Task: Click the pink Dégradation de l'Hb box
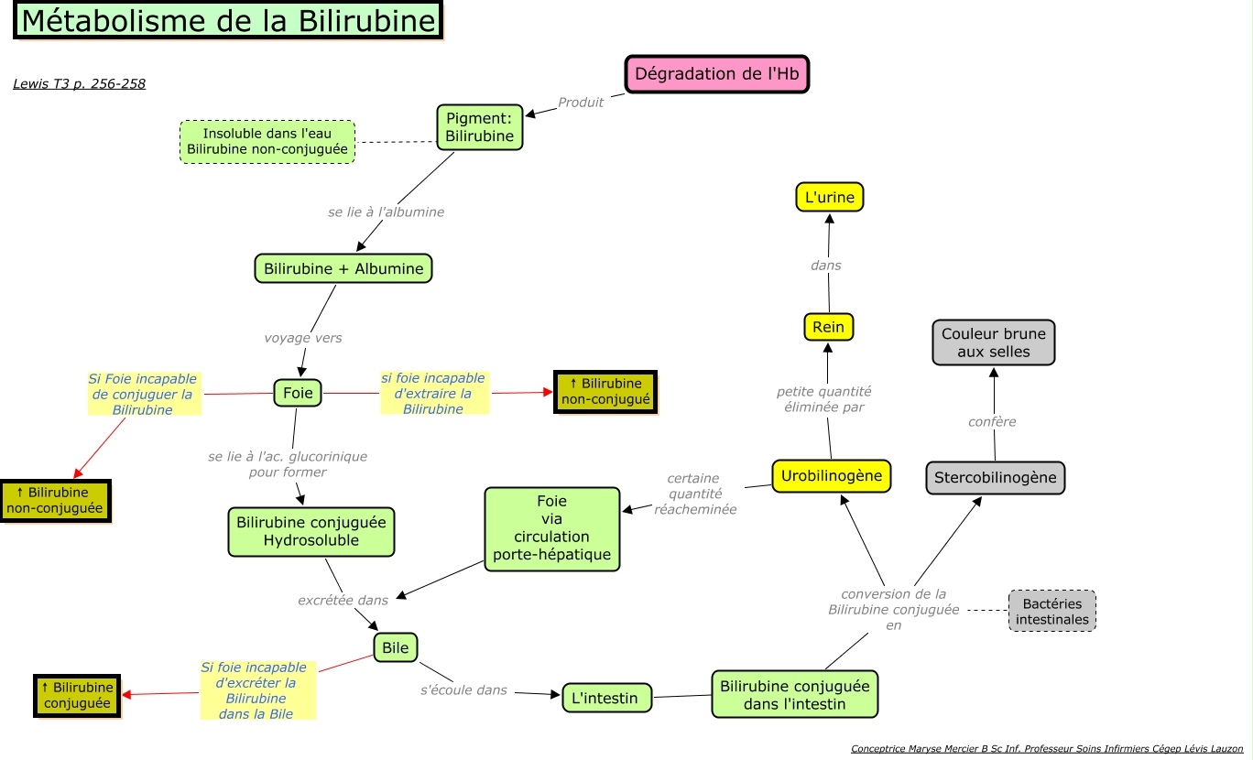click(x=717, y=74)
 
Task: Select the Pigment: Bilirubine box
click(x=480, y=127)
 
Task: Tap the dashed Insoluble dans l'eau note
click(x=267, y=142)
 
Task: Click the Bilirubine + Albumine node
click(x=343, y=269)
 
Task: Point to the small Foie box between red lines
click(x=298, y=393)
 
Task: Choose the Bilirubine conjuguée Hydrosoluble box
click(x=311, y=532)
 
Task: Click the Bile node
click(x=396, y=648)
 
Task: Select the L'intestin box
click(x=605, y=698)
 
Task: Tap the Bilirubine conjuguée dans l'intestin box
click(x=794, y=694)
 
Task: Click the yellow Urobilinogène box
click(x=832, y=476)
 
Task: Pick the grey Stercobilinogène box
click(x=996, y=478)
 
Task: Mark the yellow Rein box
click(x=828, y=327)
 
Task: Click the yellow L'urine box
click(x=829, y=197)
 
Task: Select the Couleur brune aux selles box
click(x=994, y=342)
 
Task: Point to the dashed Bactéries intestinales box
click(x=1052, y=611)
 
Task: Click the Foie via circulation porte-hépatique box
click(x=552, y=529)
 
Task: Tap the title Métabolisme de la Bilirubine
click(x=228, y=21)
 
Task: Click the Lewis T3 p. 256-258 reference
click(x=80, y=84)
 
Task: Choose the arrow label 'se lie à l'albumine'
click(x=386, y=212)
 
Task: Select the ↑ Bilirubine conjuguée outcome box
click(x=79, y=695)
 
